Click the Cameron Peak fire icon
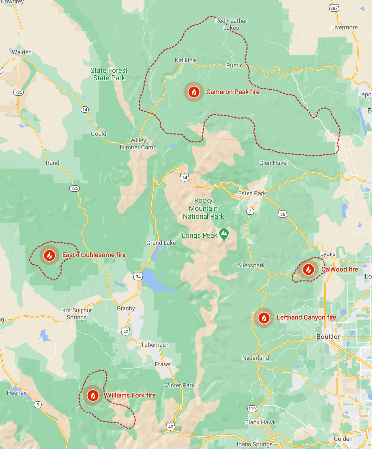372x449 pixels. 194,92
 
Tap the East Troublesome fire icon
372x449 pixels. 49,255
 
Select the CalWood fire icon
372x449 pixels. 308,269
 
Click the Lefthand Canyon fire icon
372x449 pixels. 264,318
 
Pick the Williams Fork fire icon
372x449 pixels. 92,395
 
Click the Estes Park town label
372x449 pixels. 252,193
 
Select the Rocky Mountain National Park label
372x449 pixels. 204,208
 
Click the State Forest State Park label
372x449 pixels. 109,74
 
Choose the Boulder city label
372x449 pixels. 328,337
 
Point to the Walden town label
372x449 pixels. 21,52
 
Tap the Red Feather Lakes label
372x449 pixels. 231,24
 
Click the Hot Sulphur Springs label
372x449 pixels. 74,314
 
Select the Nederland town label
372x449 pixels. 255,358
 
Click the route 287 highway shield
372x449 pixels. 334,8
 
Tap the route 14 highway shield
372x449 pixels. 85,109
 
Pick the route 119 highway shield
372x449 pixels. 252,408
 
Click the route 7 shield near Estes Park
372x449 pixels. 250,211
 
